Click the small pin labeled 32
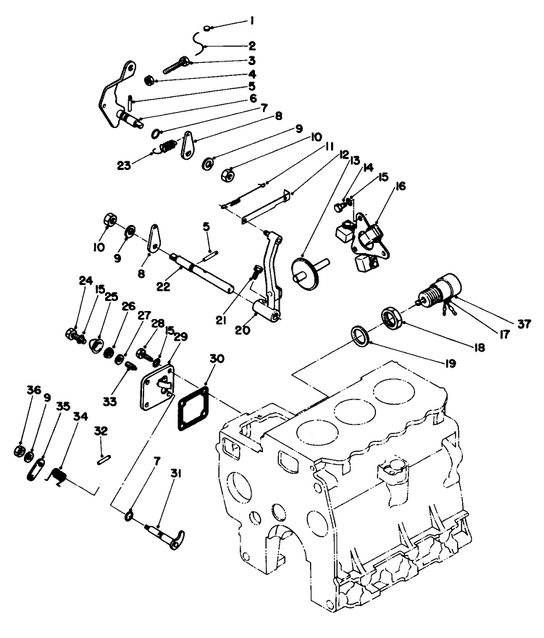click(103, 457)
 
